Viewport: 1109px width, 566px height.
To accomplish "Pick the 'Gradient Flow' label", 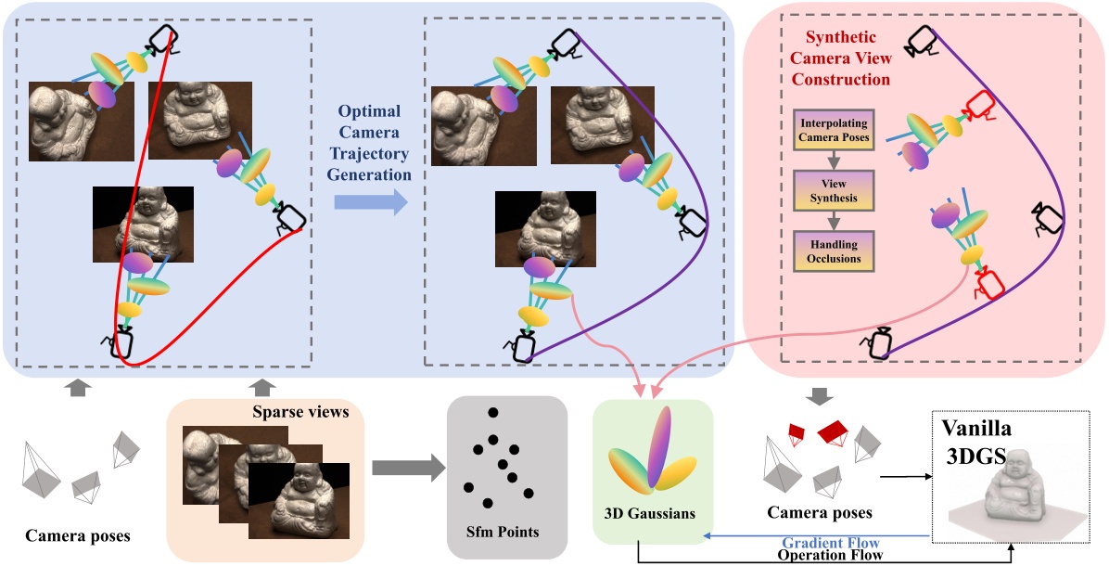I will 829,541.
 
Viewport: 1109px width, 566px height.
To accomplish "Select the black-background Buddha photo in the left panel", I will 143,224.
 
